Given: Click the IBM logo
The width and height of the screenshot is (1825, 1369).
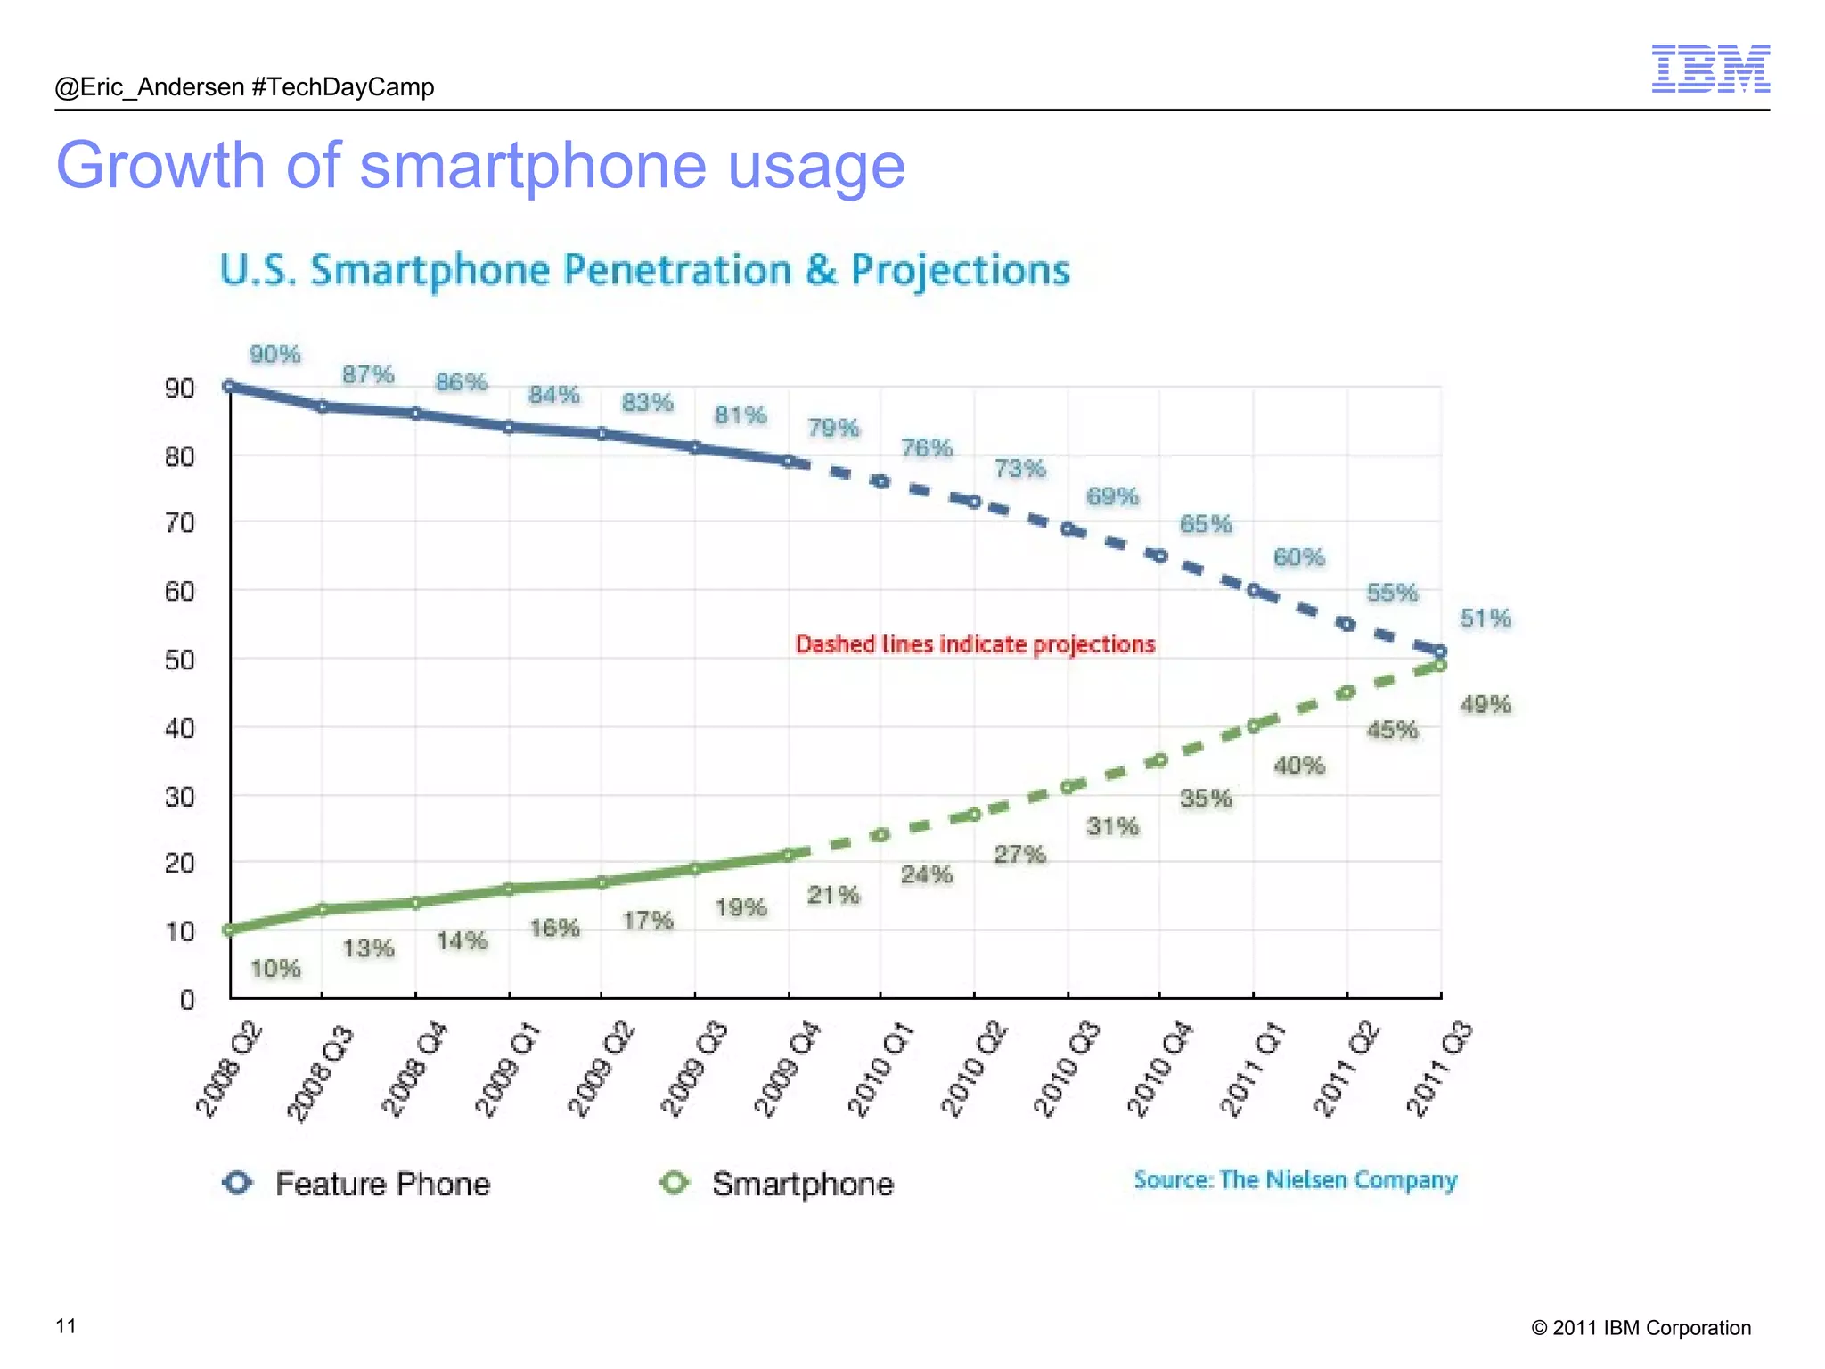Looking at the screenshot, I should click(1710, 69).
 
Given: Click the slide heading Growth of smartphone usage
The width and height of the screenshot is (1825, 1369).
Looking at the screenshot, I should click(480, 166).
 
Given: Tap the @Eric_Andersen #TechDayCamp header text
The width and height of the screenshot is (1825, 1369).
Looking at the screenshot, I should click(244, 87).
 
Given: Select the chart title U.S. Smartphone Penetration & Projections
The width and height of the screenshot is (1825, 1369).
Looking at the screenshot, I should click(644, 270).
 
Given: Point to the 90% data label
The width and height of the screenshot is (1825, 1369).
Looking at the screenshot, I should click(274, 355).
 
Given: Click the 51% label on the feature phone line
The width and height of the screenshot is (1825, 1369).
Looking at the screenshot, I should click(1485, 619).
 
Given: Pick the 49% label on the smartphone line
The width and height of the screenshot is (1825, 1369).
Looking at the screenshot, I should click(1485, 705).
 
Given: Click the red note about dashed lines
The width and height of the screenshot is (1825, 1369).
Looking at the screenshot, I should click(975, 644).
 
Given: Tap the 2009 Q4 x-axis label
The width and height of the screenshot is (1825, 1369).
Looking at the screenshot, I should click(786, 1070).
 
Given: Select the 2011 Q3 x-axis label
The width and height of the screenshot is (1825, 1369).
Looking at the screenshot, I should click(1438, 1070).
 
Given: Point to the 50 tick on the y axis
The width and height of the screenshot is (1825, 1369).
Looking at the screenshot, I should click(179, 660).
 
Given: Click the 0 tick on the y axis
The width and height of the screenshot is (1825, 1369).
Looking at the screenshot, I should click(187, 1000).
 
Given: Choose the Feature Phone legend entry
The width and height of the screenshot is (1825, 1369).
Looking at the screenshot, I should click(356, 1184).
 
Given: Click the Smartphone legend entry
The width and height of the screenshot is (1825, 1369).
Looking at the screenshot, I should click(776, 1184).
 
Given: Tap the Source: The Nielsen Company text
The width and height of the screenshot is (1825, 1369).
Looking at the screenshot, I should click(1295, 1180).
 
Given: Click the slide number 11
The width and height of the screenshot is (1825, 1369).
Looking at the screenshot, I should click(66, 1326).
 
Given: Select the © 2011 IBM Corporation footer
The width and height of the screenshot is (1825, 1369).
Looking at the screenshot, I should click(1641, 1328).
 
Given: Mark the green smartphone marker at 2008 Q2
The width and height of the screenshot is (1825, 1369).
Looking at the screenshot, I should click(229, 930).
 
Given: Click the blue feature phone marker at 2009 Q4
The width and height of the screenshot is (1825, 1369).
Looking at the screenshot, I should click(788, 462).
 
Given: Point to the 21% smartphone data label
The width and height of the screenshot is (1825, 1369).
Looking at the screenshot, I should click(833, 895).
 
